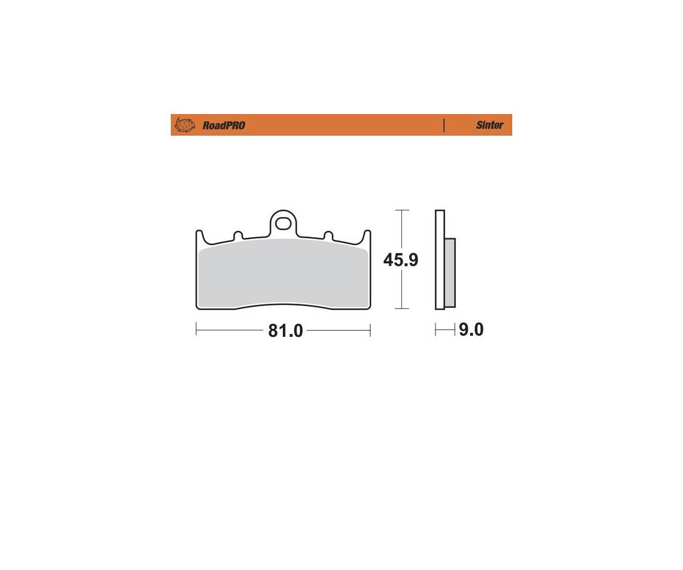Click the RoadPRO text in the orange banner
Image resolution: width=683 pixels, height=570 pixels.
pos(224,125)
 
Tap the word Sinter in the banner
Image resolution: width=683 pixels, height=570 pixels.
pos(489,125)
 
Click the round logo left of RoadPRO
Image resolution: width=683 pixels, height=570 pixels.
pos(184,125)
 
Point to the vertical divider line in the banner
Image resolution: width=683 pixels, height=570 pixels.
pos(443,125)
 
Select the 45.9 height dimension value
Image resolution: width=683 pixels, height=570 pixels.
pos(401,260)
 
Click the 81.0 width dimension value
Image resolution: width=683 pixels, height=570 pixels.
pos(286,331)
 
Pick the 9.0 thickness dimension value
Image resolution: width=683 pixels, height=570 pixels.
pos(471,329)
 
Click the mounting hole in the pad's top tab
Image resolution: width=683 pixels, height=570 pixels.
pos(283,224)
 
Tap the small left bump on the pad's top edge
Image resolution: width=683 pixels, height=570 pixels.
pos(238,235)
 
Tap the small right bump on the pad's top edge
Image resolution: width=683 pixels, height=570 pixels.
pos(328,235)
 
